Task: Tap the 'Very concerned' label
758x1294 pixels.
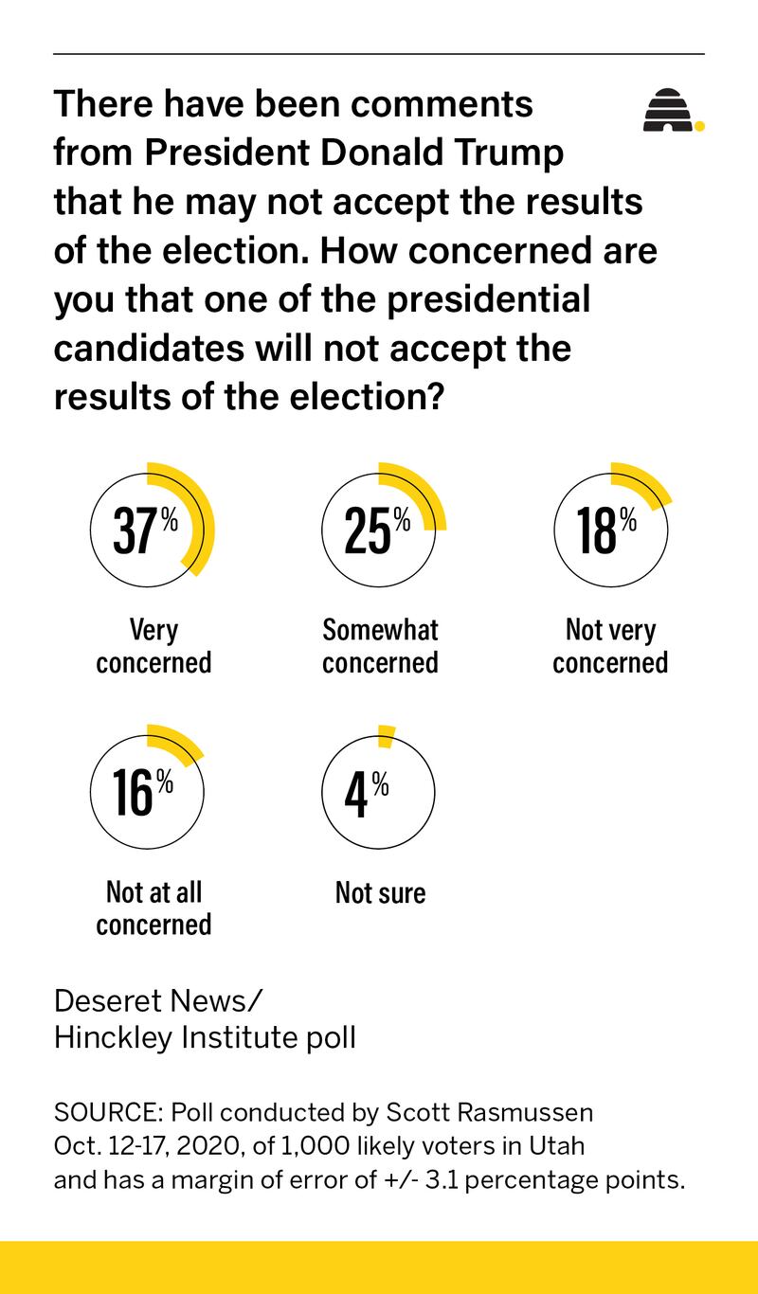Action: [x=153, y=646]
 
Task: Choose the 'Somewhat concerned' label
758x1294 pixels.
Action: [x=380, y=646]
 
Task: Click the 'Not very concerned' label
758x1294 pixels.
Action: [x=610, y=646]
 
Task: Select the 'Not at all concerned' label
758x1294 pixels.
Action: [x=153, y=908]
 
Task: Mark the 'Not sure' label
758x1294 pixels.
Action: [x=380, y=892]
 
